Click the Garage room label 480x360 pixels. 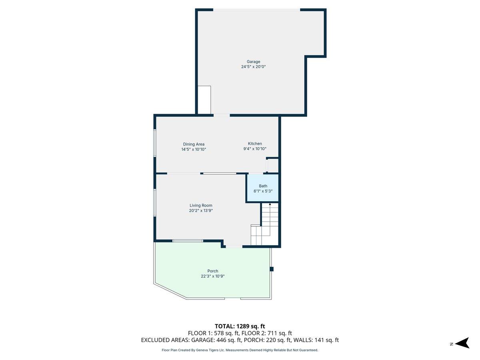coord(253,62)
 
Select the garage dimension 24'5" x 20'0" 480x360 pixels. coord(253,67)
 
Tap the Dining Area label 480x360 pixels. coord(194,144)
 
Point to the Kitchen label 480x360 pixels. coord(255,144)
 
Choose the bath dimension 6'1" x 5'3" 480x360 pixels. coord(263,191)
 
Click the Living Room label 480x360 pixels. coord(201,205)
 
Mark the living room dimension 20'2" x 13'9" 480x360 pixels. coord(201,210)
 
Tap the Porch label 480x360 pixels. coord(213,271)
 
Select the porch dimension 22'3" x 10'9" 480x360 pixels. coord(213,276)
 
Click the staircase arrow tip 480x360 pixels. coord(270,204)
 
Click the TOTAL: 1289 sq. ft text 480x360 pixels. coord(240,326)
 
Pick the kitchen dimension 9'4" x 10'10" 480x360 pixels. coord(255,149)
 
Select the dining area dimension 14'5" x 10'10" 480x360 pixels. coord(194,149)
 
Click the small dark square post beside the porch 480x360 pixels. coord(272,269)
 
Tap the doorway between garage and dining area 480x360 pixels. coord(222,115)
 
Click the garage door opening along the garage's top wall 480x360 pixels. coord(256,10)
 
